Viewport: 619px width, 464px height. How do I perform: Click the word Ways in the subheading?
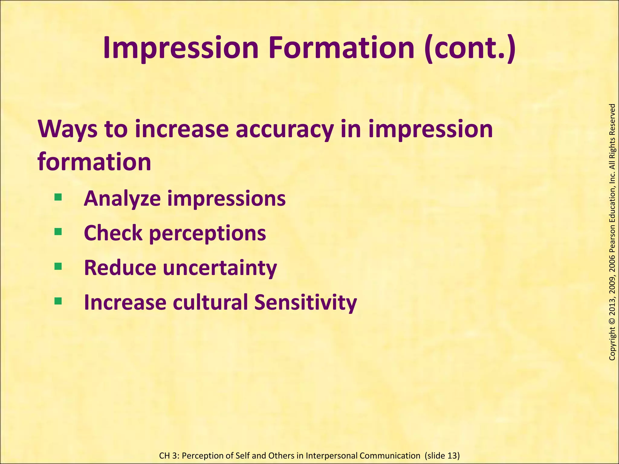click(x=68, y=129)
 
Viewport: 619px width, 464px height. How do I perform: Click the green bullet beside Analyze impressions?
click(x=58, y=198)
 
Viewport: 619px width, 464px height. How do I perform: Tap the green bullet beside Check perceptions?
click(x=58, y=232)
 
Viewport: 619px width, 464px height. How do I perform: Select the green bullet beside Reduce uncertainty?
click(x=58, y=266)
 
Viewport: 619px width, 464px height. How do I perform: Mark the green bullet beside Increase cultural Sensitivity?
click(x=58, y=301)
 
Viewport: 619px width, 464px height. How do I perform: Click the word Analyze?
click(x=122, y=199)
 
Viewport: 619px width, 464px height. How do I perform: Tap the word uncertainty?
click(x=220, y=268)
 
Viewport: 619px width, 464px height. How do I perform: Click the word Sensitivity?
click(x=305, y=302)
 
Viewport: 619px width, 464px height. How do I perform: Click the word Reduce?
click(x=120, y=268)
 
